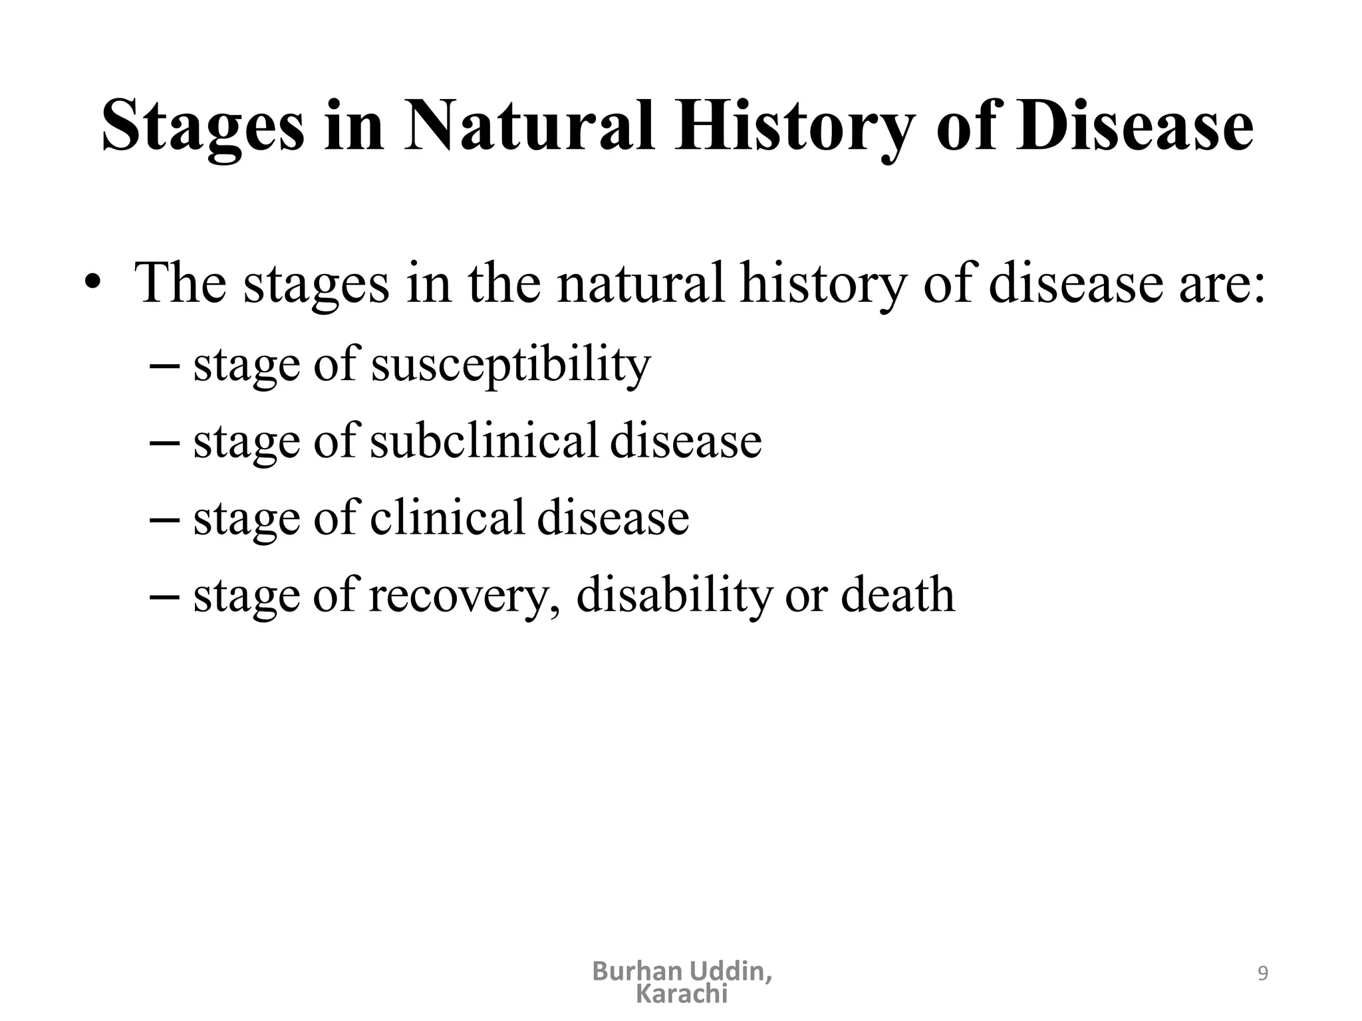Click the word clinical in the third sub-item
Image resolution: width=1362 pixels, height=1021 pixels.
(448, 518)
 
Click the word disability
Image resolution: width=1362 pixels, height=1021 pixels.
(674, 596)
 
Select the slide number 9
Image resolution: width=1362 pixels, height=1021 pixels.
(1263, 974)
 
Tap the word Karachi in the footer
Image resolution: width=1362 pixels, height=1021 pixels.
(682, 994)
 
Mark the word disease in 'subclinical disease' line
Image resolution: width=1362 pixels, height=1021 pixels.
(685, 441)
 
